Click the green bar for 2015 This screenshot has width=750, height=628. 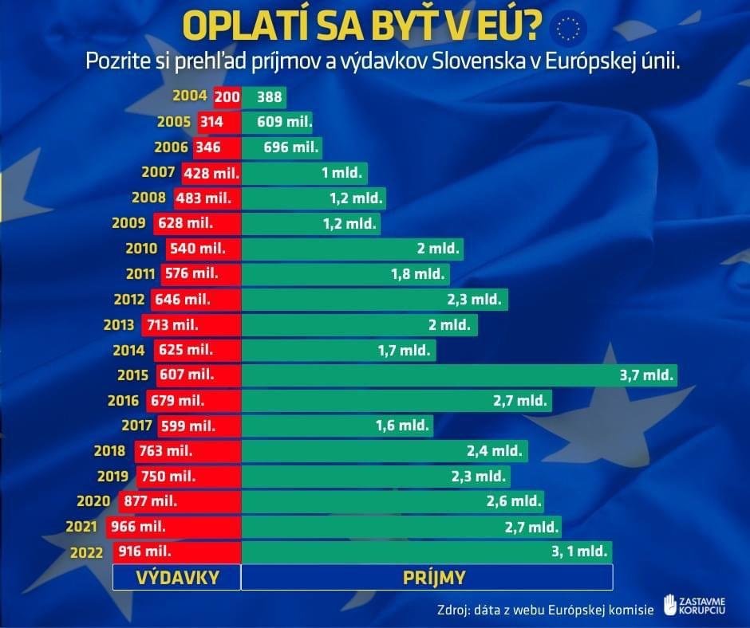(x=459, y=375)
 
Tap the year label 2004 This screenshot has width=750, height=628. (x=189, y=96)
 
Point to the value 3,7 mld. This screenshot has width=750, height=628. (x=645, y=375)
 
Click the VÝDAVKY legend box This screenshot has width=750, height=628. (x=176, y=577)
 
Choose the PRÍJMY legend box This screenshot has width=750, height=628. (x=427, y=577)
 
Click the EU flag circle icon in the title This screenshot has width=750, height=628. (x=569, y=29)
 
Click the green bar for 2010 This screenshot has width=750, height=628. (x=352, y=249)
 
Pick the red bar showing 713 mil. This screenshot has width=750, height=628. (x=191, y=324)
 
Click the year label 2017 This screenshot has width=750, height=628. (x=136, y=426)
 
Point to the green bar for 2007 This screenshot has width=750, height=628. (x=304, y=172)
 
